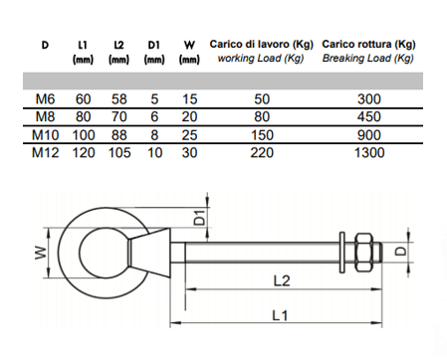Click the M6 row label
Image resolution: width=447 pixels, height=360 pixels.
(x=45, y=99)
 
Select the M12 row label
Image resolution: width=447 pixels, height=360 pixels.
(x=45, y=153)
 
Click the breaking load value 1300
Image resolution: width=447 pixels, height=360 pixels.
(x=369, y=153)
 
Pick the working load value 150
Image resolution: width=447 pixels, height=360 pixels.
(x=262, y=135)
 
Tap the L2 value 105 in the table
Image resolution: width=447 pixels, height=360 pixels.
(x=119, y=153)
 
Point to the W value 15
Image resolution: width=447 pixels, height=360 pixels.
(x=189, y=99)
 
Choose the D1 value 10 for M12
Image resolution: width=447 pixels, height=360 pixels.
(x=154, y=153)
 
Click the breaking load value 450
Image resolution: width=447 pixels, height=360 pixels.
(x=369, y=116)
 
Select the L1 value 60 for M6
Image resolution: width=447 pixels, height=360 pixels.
(x=83, y=99)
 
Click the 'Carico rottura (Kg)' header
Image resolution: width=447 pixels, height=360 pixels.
(x=368, y=44)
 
